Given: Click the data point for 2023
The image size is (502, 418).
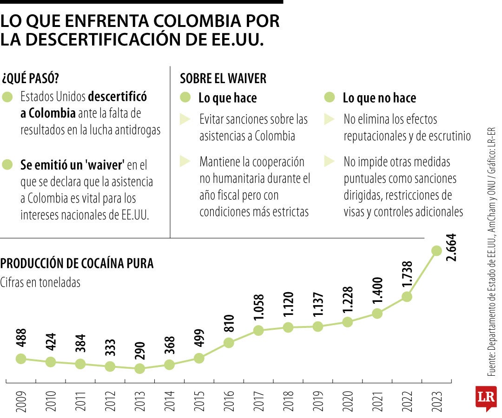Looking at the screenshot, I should pyautogui.click(x=436, y=250).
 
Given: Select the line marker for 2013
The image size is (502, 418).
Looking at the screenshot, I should pyautogui.click(x=139, y=368).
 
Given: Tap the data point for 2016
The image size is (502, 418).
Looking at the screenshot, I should pyautogui.click(x=229, y=343).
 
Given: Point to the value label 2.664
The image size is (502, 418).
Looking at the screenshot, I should pyautogui.click(x=451, y=248).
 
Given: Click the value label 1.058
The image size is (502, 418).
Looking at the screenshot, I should pyautogui.click(x=258, y=308).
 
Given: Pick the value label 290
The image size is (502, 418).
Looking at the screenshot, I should pyautogui.click(x=140, y=352).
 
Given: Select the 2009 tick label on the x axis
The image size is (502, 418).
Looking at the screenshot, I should pyautogui.click(x=21, y=402).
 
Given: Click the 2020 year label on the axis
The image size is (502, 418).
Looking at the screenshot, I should pyautogui.click(x=347, y=402).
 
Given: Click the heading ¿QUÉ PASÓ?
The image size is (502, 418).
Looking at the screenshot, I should pyautogui.click(x=31, y=78).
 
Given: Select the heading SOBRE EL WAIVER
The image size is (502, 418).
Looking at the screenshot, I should pyautogui.click(x=223, y=78).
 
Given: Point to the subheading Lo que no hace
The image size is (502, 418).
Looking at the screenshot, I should pyautogui.click(x=379, y=98).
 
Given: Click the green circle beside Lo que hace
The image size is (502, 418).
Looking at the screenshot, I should pyautogui.click(x=185, y=98).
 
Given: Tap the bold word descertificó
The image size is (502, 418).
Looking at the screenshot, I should pyautogui.click(x=117, y=97).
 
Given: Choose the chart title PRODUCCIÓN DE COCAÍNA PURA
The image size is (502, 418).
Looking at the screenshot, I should pyautogui.click(x=77, y=263).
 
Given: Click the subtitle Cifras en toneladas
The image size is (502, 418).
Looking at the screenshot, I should pyautogui.click(x=40, y=282).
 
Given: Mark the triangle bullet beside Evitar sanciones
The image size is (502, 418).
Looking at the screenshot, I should pyautogui.click(x=185, y=119).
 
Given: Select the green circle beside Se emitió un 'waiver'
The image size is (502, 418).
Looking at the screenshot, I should pyautogui.click(x=7, y=164).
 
